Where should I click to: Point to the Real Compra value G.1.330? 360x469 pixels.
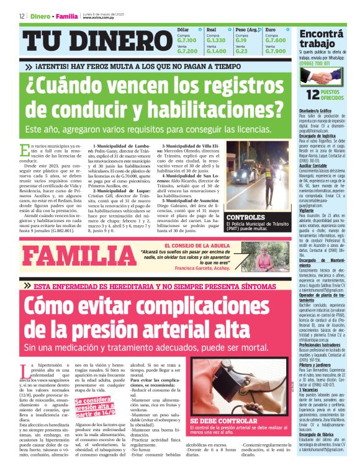[216, 40]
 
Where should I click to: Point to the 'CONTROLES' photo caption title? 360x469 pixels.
[247, 217]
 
